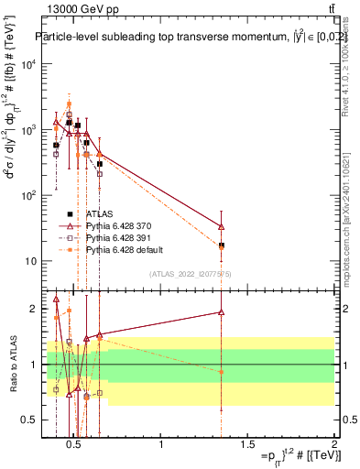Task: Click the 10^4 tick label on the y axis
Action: click(x=29, y=64)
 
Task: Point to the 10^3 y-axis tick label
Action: click(x=29, y=130)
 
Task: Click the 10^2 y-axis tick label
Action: click(x=29, y=195)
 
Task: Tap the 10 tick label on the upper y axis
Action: click(x=31, y=261)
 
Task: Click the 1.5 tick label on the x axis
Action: click(x=248, y=446)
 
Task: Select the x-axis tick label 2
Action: click(x=334, y=446)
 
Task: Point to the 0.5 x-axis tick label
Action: click(x=75, y=446)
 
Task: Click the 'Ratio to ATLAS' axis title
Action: click(x=13, y=364)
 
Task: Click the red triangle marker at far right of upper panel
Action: click(x=222, y=226)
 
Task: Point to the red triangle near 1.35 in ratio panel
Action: click(x=222, y=312)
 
